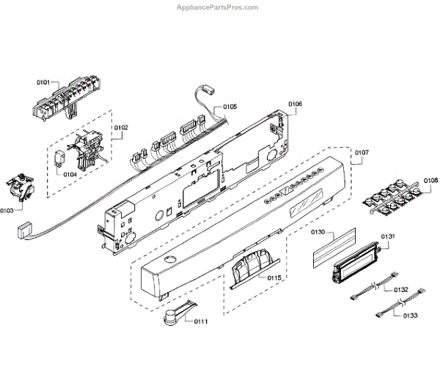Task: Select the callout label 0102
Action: point(120,128)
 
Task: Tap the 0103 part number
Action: point(8,210)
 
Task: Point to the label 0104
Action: point(70,174)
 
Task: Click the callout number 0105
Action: point(229,107)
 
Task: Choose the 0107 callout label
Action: point(362,153)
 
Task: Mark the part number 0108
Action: point(430,180)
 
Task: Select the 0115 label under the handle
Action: point(273,279)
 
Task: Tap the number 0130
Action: point(318,232)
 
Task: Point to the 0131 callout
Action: point(388,236)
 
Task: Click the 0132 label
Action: point(400,290)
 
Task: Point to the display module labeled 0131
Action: point(351,264)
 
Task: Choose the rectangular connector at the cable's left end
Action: point(24,231)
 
